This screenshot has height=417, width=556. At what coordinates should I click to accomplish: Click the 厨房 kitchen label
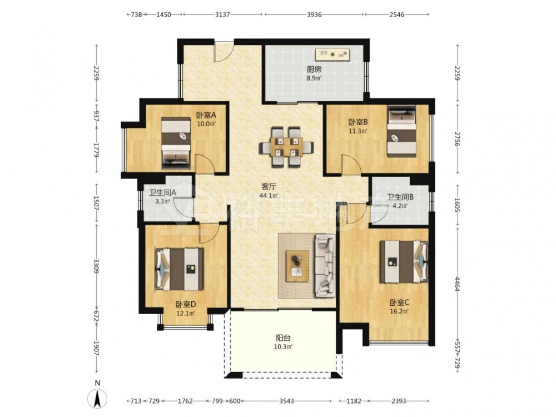(314, 70)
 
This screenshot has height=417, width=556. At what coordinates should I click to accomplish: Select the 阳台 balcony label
(283, 338)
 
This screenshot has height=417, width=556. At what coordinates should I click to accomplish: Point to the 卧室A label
(206, 115)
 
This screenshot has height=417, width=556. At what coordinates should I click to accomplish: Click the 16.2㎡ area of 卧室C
(400, 312)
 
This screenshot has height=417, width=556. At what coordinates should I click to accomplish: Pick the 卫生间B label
(400, 197)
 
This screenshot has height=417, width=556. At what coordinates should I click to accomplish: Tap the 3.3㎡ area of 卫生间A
(163, 202)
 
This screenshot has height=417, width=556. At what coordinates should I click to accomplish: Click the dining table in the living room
(286, 147)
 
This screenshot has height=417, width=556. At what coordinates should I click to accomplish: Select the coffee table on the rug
(297, 266)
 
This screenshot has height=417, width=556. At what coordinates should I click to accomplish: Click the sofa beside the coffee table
(325, 266)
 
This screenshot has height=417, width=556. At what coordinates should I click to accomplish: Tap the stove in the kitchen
(333, 54)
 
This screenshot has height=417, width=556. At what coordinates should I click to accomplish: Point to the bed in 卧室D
(179, 269)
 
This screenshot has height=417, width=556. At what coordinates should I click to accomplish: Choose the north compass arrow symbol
(97, 398)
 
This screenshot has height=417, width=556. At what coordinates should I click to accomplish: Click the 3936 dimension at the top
(314, 14)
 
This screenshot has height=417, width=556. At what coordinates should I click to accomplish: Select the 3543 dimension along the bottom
(286, 401)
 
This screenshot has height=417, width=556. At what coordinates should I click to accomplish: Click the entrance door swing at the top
(224, 52)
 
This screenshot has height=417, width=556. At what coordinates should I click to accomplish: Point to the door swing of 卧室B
(351, 165)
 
